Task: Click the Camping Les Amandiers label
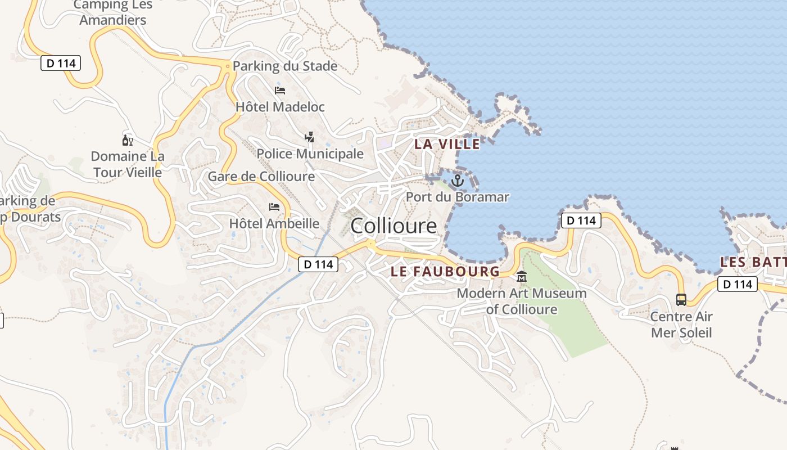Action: click(112, 12)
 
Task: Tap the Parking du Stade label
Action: click(285, 66)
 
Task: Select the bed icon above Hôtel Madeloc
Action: click(280, 90)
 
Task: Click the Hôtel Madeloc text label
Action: click(280, 106)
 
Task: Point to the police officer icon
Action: click(309, 137)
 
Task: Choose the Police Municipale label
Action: click(310, 154)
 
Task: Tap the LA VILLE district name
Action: click(447, 144)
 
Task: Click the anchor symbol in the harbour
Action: click(458, 181)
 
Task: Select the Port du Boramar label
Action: click(458, 197)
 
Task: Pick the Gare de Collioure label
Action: click(261, 177)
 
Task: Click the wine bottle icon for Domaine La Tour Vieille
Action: click(128, 140)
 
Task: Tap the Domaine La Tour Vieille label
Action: click(128, 164)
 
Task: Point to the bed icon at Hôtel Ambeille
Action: click(274, 207)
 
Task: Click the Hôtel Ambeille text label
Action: click(274, 223)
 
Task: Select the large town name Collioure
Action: click(393, 226)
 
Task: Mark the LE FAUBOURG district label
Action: click(445, 271)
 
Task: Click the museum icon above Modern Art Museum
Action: click(522, 277)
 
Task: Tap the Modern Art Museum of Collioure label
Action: click(522, 301)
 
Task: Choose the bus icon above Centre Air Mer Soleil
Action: click(681, 299)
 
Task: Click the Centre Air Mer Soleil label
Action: click(681, 325)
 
